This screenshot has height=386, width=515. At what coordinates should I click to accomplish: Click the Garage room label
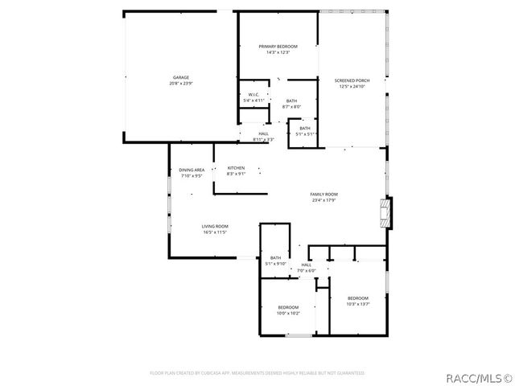pos(180,77)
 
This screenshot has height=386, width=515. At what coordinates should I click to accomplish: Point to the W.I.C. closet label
pos(253,95)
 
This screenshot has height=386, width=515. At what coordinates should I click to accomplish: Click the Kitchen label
pos(236,167)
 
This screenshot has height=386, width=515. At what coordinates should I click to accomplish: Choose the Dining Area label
pos(192,170)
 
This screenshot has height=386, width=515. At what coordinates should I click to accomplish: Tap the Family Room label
pos(324,195)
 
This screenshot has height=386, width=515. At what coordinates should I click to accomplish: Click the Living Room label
pos(215,227)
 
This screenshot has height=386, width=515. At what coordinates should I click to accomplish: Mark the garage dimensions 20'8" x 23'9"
pos(180,84)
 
